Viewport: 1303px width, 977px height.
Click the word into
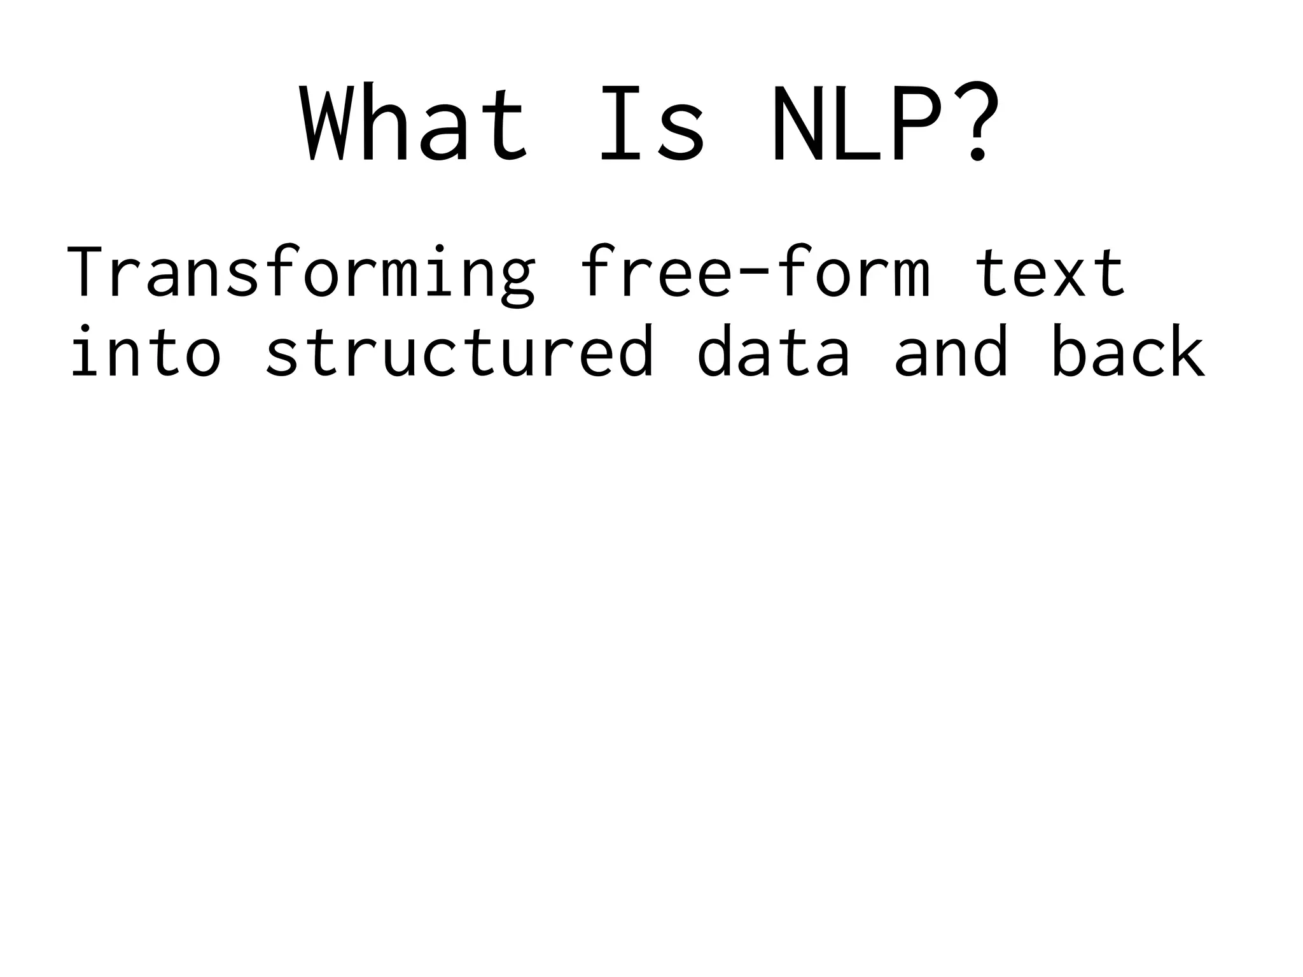pos(146,351)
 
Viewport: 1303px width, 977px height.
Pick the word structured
pos(459,351)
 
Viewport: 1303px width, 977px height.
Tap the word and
pos(951,351)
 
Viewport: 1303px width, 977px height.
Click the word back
pos(1128,351)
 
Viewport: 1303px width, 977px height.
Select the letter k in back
pos(1185,351)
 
